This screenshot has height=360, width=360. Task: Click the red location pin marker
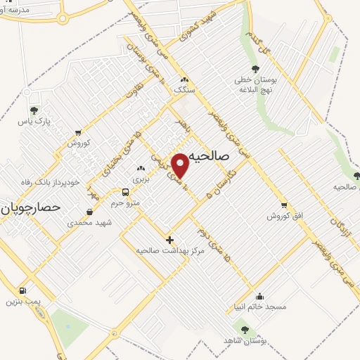click(181, 165)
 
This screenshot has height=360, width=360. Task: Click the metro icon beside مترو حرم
click(125, 191)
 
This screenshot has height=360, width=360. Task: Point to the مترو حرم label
click(126, 203)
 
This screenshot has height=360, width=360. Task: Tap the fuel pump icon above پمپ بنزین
click(22, 290)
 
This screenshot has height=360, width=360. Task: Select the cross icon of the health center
click(169, 239)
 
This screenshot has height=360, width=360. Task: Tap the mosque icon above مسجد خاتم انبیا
click(260, 296)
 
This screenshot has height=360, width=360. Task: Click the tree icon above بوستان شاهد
click(245, 329)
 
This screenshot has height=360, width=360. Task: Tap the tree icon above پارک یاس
click(34, 110)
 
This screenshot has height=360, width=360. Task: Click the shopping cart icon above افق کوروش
click(283, 205)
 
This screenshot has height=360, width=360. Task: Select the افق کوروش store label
click(283, 216)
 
